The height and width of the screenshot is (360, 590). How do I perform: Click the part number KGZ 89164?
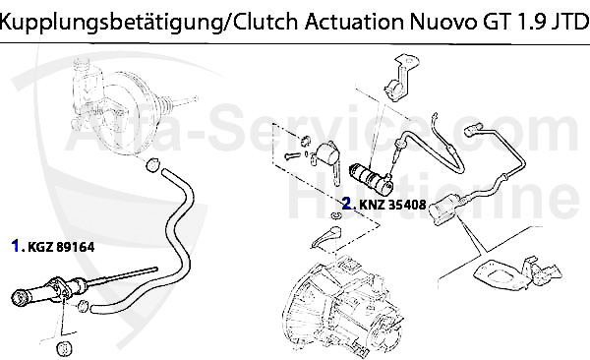coord(62,247)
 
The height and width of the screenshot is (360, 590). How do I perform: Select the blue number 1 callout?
coord(17,247)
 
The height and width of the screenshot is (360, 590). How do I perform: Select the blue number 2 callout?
coord(346,206)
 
